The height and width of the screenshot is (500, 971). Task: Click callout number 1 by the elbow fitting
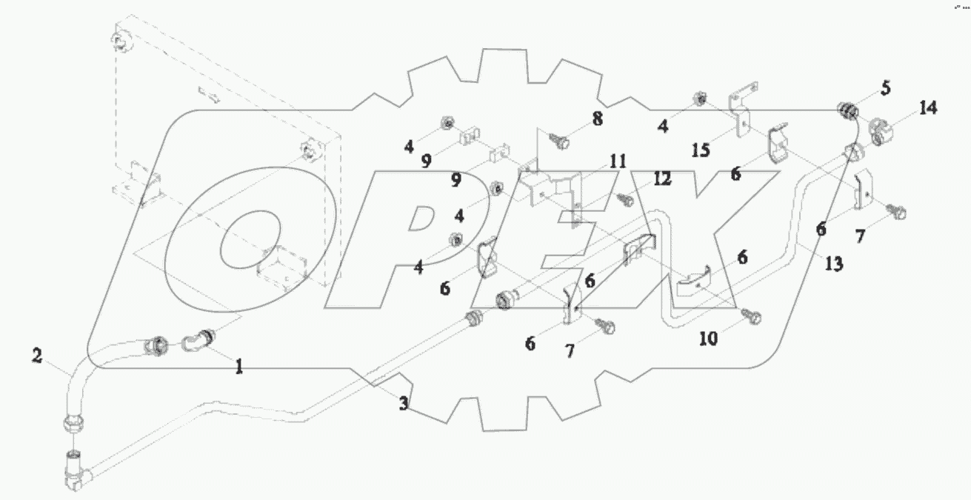pos(238,366)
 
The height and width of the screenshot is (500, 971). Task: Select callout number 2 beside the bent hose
pos(36,356)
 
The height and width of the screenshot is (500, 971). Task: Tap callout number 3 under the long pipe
pos(403,404)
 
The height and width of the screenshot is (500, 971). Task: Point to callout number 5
pos(887,88)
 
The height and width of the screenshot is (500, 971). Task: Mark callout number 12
pos(662,179)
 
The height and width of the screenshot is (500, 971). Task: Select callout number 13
pos(834,263)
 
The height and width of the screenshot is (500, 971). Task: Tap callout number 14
pos(927,108)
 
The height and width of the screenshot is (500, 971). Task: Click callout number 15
pos(701,150)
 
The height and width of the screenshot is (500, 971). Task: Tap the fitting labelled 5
pos(847,112)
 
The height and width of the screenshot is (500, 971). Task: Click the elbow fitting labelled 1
pos(198,340)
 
